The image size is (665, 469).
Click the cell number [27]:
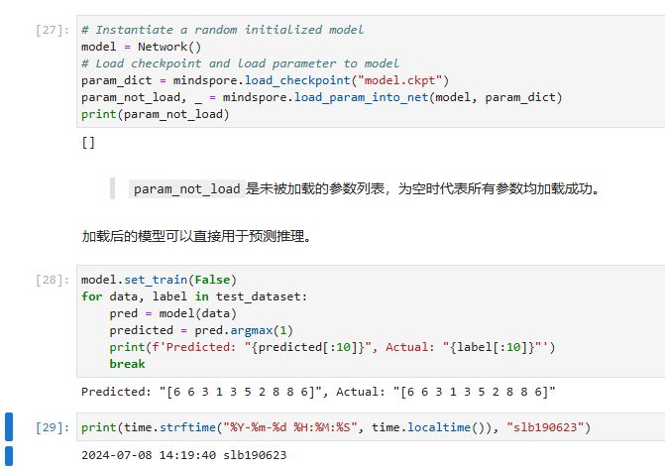[x=53, y=30]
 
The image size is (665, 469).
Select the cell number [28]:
[x=53, y=281]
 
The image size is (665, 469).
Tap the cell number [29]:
[x=53, y=427]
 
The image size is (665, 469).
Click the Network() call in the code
[x=169, y=47]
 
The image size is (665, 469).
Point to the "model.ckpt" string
[x=400, y=80]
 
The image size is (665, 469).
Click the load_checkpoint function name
[x=297, y=80]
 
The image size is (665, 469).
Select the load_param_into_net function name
[x=362, y=97]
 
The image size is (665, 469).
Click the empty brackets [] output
[x=88, y=142]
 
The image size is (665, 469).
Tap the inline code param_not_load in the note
[x=187, y=188]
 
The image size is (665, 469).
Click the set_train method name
[x=156, y=281]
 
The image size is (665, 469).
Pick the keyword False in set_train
[x=212, y=281]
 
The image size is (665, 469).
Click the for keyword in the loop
[x=91, y=296]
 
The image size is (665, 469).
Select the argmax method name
[x=252, y=330]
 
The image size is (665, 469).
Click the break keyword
[x=127, y=364]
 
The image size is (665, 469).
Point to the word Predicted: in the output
[x=116, y=392]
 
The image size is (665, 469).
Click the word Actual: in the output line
[x=361, y=392]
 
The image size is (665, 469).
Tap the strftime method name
[x=187, y=427]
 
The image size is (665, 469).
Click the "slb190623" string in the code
[x=545, y=427]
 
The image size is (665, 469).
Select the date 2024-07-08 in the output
[x=117, y=455]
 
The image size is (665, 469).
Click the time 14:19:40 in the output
[x=187, y=455]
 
